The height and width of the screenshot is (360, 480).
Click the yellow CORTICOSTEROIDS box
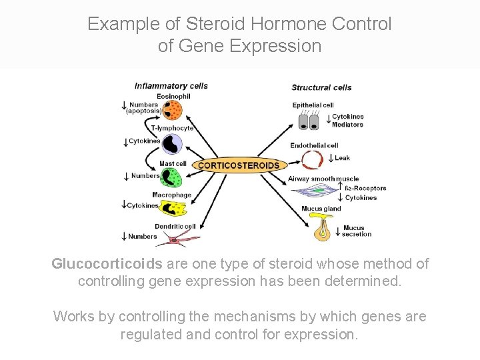pos(239,165)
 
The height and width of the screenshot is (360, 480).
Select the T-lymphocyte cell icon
pos(172,143)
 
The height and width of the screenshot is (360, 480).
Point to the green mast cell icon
pos(171,177)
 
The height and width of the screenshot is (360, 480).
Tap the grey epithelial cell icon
pos(308,122)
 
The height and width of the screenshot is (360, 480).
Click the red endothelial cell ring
pos(311,160)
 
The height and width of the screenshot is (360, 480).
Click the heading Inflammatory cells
pos(171,85)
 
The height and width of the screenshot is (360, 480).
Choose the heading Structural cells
pos(321,87)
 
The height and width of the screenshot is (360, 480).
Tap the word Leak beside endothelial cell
pos(342,158)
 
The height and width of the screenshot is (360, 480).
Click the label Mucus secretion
pos(357,231)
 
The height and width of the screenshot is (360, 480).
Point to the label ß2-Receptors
pos(365,189)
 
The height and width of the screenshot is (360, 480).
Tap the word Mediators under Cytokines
pos(347,125)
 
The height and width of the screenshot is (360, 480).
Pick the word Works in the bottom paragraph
pos(74,316)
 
